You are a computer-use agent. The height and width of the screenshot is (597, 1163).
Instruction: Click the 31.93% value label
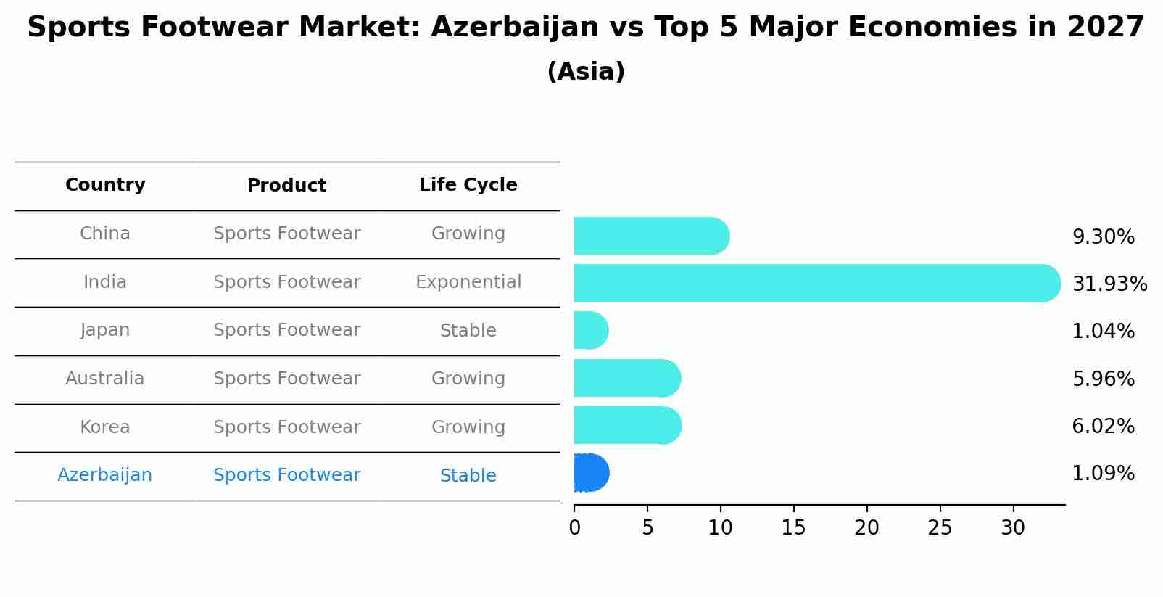1109,284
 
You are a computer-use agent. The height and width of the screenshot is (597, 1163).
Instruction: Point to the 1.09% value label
1103,474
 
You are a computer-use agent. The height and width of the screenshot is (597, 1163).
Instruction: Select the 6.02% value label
1103,426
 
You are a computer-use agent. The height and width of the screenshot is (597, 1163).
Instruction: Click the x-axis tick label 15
793,528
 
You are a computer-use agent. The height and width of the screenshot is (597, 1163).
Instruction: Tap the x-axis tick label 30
1013,528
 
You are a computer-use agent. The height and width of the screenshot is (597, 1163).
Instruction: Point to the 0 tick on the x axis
574,528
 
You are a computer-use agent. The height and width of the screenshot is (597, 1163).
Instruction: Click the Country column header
105,185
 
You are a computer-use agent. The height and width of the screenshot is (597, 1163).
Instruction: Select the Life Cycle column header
468,185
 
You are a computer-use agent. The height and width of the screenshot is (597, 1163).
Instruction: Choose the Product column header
286,186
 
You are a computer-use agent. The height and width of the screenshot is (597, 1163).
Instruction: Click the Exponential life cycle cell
468,282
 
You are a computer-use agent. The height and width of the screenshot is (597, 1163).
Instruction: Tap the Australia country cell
104,379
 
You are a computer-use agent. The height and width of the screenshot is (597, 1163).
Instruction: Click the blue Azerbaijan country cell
104,475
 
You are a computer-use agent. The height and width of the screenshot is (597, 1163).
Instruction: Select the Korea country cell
104,427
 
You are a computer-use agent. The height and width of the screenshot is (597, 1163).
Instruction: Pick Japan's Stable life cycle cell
468,331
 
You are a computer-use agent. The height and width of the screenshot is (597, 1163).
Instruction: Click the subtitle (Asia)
586,72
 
